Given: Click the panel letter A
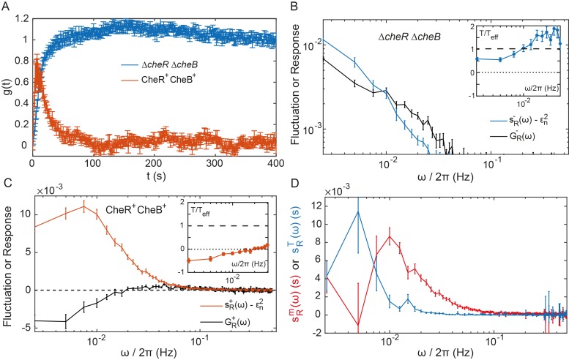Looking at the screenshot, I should [7, 7].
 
